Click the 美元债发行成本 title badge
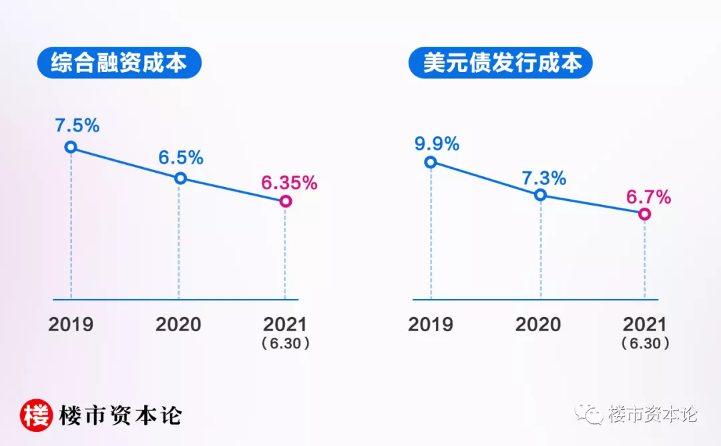501,63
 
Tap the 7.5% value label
77,125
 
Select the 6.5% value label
181,158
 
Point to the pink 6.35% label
289,182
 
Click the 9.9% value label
437,143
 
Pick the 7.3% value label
544,178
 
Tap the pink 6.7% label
648,197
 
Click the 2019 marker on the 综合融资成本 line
71,147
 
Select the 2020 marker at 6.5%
180,178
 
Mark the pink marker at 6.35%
285,201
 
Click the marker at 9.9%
431,162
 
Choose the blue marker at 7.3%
541,195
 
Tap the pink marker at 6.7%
644,214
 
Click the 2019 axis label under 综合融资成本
71,325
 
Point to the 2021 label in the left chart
285,325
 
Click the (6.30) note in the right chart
645,344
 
